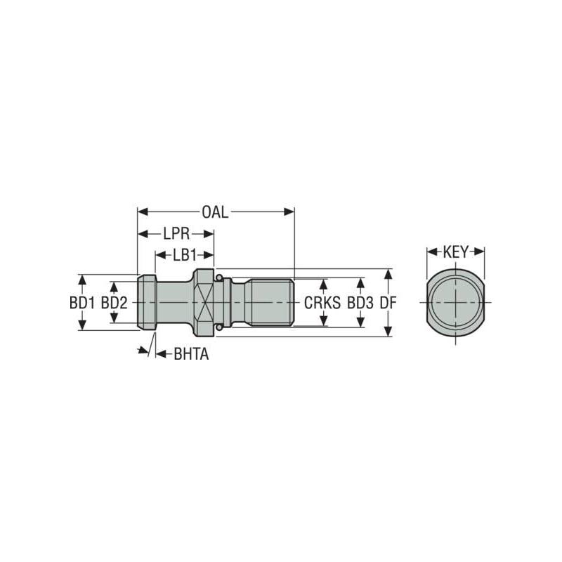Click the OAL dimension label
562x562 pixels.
(x=215, y=211)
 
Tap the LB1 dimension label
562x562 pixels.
(x=184, y=255)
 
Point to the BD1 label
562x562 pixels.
(x=82, y=303)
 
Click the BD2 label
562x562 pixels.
(x=115, y=303)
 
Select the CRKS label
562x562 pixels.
(x=322, y=303)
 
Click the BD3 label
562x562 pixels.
(x=360, y=303)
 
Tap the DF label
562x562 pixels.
(x=388, y=303)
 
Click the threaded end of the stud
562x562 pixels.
(x=271, y=302)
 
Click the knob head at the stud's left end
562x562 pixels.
(x=147, y=302)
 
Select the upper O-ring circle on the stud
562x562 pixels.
(x=220, y=278)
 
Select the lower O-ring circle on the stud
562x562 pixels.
(x=220, y=327)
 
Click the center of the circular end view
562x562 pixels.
(x=456, y=302)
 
